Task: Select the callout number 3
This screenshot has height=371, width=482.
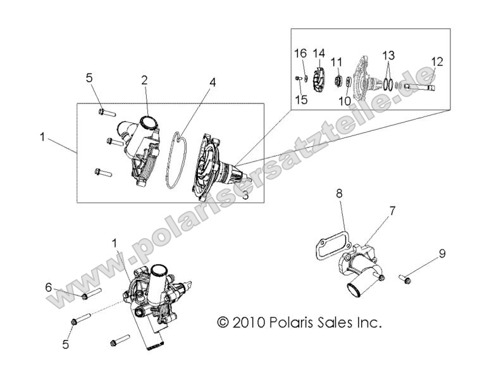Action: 245,196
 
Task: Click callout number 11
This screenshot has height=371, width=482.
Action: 337,61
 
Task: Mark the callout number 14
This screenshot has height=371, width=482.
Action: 318,53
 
